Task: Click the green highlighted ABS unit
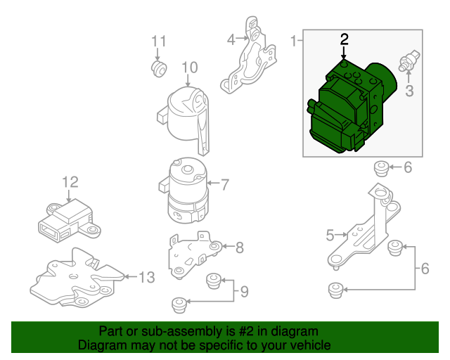[348, 105]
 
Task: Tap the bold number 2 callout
[344, 39]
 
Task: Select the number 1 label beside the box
[293, 41]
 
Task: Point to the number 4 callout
[231, 40]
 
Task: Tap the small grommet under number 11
[158, 67]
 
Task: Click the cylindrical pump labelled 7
[185, 190]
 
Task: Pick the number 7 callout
[225, 186]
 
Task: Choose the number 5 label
[330, 236]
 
